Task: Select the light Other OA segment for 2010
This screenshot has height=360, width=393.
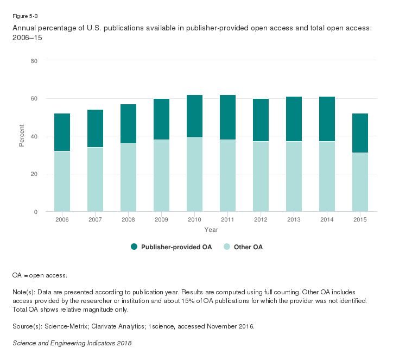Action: tap(194, 174)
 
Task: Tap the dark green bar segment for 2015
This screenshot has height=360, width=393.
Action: tap(360, 133)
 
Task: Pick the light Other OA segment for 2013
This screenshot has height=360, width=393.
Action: tap(294, 176)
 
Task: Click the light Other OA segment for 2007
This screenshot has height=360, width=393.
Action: tap(95, 179)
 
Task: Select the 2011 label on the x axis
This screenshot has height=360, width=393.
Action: tap(227, 219)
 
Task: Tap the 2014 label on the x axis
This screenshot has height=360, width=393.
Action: tap(327, 219)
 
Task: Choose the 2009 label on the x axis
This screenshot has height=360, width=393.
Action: tap(161, 219)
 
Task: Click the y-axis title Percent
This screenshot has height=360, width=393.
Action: tap(22, 136)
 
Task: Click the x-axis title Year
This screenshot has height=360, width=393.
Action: tap(211, 230)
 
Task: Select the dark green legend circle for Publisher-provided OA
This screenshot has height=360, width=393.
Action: tap(134, 247)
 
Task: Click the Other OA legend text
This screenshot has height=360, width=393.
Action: tap(248, 247)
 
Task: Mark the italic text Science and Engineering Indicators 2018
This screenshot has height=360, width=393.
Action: tap(72, 343)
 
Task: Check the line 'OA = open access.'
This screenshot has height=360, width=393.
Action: tap(40, 275)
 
